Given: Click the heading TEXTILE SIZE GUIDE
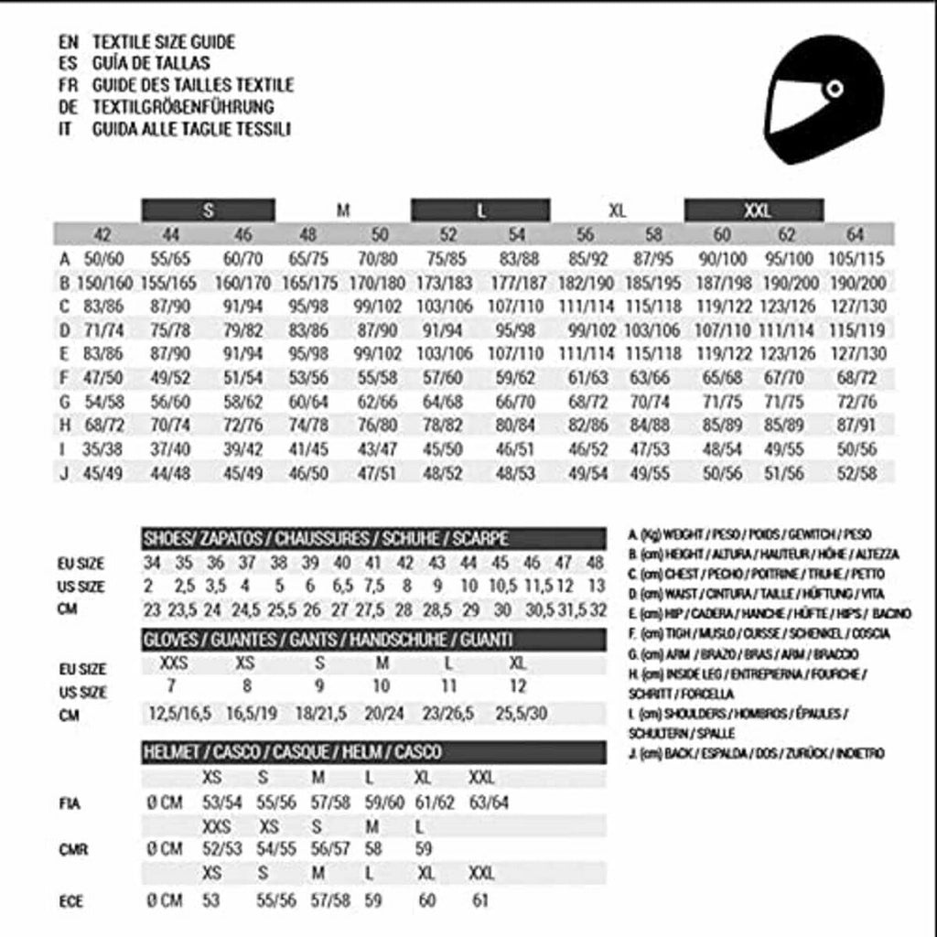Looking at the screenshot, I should [164, 42].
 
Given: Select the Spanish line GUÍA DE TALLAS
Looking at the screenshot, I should [151, 63].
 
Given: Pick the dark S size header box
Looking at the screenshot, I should [209, 210].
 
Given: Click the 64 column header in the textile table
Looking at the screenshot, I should [855, 234].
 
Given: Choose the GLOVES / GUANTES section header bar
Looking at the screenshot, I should [372, 639].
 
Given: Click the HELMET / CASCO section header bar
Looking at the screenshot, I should [372, 752].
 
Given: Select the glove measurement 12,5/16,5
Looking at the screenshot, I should [180, 713].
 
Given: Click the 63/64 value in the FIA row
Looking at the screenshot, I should [490, 802].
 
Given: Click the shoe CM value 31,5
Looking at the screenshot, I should [573, 610].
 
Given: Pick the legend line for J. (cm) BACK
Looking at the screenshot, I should [756, 753].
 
